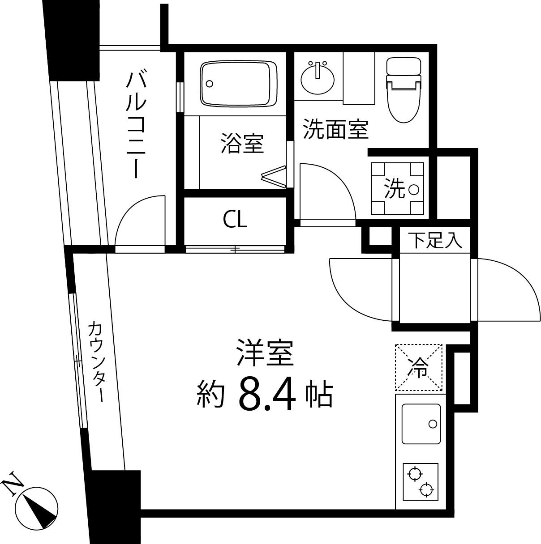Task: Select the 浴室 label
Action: (x=242, y=144)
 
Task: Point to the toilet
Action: (x=404, y=89)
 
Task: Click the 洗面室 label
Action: (x=335, y=129)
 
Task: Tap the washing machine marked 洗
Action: (x=397, y=188)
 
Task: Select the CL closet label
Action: (x=235, y=220)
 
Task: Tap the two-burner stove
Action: (x=421, y=481)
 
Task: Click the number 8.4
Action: (x=268, y=394)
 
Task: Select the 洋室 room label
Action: (x=265, y=352)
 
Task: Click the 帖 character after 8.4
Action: (x=319, y=394)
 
